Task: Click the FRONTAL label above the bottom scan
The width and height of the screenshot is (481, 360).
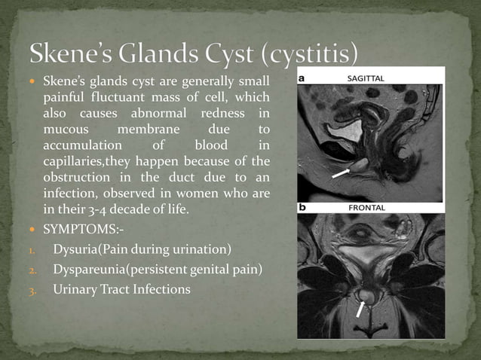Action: click(366, 207)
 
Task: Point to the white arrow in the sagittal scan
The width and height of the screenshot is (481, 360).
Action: click(341, 172)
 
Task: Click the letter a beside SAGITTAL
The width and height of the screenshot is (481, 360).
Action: click(302, 78)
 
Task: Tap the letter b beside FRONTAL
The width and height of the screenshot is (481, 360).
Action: click(302, 206)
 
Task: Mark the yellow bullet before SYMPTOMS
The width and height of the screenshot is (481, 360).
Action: click(34, 229)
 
